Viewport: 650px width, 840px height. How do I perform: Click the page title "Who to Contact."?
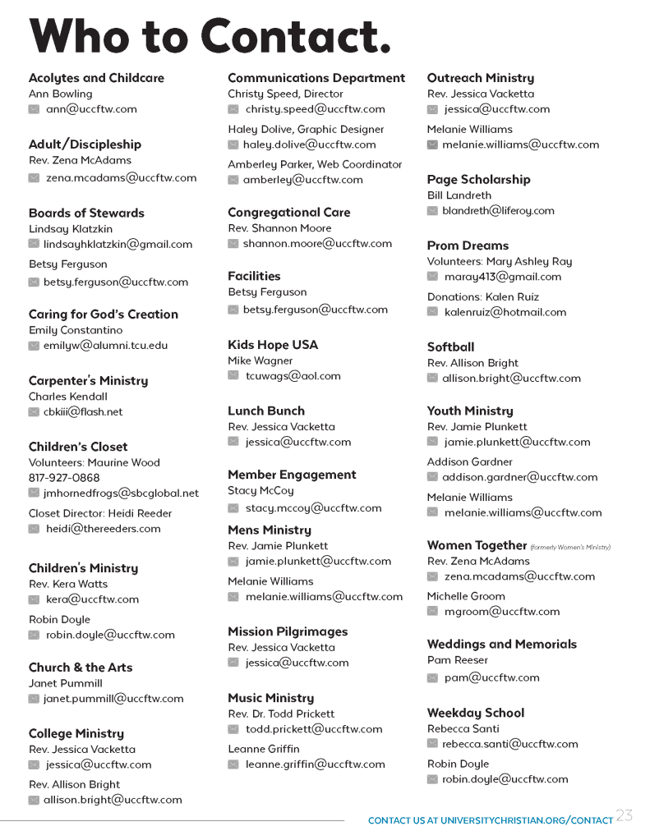tap(210, 38)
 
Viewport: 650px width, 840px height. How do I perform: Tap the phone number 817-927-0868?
tap(64, 478)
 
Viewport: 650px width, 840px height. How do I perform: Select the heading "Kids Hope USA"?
tap(273, 345)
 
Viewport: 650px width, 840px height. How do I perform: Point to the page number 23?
tap(625, 815)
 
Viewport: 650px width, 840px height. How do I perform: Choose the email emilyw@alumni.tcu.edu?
tap(105, 346)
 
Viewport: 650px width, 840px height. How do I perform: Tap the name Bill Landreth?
tap(459, 195)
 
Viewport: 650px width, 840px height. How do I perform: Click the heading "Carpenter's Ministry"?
tap(89, 381)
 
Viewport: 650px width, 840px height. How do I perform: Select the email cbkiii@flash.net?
tap(83, 412)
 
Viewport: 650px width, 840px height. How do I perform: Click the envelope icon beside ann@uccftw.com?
tap(34, 109)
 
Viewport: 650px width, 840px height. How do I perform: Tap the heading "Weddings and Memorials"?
tap(502, 645)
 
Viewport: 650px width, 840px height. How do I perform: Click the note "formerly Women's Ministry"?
tap(570, 547)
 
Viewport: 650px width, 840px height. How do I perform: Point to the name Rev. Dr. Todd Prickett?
tap(281, 714)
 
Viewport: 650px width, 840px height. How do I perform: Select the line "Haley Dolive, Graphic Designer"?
tap(306, 129)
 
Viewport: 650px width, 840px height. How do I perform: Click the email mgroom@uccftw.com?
tap(502, 612)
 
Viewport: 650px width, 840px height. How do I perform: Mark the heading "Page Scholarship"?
tap(479, 180)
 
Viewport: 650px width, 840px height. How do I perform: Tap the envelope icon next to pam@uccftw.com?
tap(432, 678)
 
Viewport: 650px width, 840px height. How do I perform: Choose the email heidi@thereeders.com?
tap(104, 529)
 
